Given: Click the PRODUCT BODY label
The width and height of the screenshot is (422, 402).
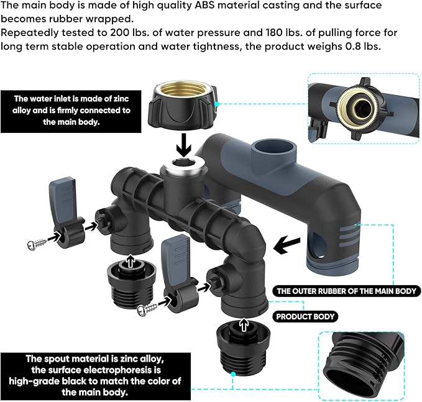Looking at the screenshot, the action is (305, 316).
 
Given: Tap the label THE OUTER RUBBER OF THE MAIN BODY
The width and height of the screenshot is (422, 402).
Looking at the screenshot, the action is (347, 291).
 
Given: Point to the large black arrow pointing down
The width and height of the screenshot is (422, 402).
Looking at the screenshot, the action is (184, 145).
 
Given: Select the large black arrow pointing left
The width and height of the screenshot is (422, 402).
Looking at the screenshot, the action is (287, 245).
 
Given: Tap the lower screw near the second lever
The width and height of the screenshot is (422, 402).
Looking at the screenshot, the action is (147, 309).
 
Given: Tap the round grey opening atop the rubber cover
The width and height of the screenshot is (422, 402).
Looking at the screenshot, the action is (273, 150).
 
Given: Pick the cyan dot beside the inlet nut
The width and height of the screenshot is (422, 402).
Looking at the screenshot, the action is (217, 104).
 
